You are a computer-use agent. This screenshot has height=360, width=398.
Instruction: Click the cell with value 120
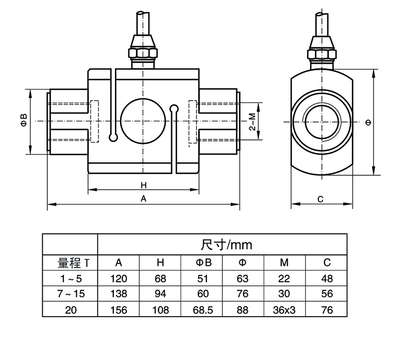(x=118, y=278)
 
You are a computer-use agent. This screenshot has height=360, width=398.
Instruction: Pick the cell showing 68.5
(x=203, y=310)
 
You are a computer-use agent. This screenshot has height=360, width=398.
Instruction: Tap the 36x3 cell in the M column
(x=285, y=310)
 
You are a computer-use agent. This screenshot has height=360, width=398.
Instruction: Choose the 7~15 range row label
(x=70, y=294)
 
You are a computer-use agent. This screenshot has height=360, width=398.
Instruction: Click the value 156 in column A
(x=118, y=310)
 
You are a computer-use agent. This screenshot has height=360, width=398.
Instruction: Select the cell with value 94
(x=160, y=294)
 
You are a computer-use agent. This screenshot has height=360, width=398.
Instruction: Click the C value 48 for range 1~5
(x=326, y=278)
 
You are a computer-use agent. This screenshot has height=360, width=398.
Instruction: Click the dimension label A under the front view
(x=143, y=199)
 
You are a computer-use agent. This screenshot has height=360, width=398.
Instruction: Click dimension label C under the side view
(x=321, y=199)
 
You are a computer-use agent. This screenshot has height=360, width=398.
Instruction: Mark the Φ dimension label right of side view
(x=367, y=122)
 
